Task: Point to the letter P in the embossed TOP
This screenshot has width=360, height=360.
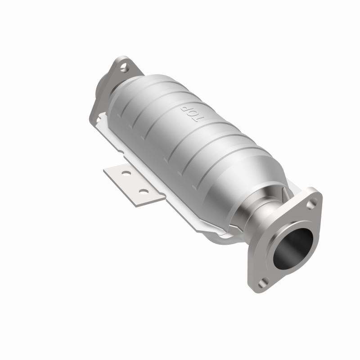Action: pyautogui.click(x=184, y=109)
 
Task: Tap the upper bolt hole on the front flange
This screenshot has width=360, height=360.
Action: pyautogui.click(x=311, y=204)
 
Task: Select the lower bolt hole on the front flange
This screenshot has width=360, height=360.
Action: pyautogui.click(x=262, y=282)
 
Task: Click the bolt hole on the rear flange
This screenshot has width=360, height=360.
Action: pyautogui.click(x=125, y=68)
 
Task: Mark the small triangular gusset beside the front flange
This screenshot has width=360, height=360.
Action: pyautogui.click(x=284, y=193)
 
